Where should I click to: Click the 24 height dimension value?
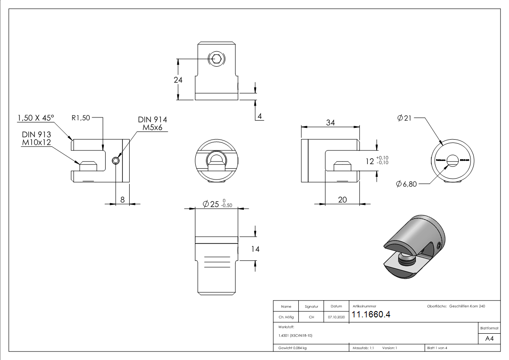pyautogui.click(x=178, y=79)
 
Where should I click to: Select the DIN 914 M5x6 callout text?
pyautogui.click(x=152, y=123)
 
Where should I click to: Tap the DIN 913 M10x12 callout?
pyautogui.click(x=37, y=138)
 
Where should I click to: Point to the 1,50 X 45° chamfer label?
pyautogui.click(x=35, y=118)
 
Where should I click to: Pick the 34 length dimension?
pyautogui.click(x=330, y=122)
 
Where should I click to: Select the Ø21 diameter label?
pyautogui.click(x=404, y=118)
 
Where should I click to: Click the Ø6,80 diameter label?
pyautogui.click(x=406, y=184)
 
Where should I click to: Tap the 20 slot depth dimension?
pyautogui.click(x=342, y=199)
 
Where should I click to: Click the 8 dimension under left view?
pyautogui.click(x=122, y=199)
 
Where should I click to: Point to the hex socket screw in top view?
pyautogui.click(x=217, y=58)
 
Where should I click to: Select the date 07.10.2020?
pyautogui.click(x=336, y=317)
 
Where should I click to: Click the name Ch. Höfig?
pyautogui.click(x=286, y=317)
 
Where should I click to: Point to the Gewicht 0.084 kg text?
pyautogui.click(x=292, y=348)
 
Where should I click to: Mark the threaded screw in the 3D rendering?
pyautogui.click(x=406, y=260)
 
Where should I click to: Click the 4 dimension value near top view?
pyautogui.click(x=260, y=116)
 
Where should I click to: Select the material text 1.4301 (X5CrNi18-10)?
pyautogui.click(x=295, y=336)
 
